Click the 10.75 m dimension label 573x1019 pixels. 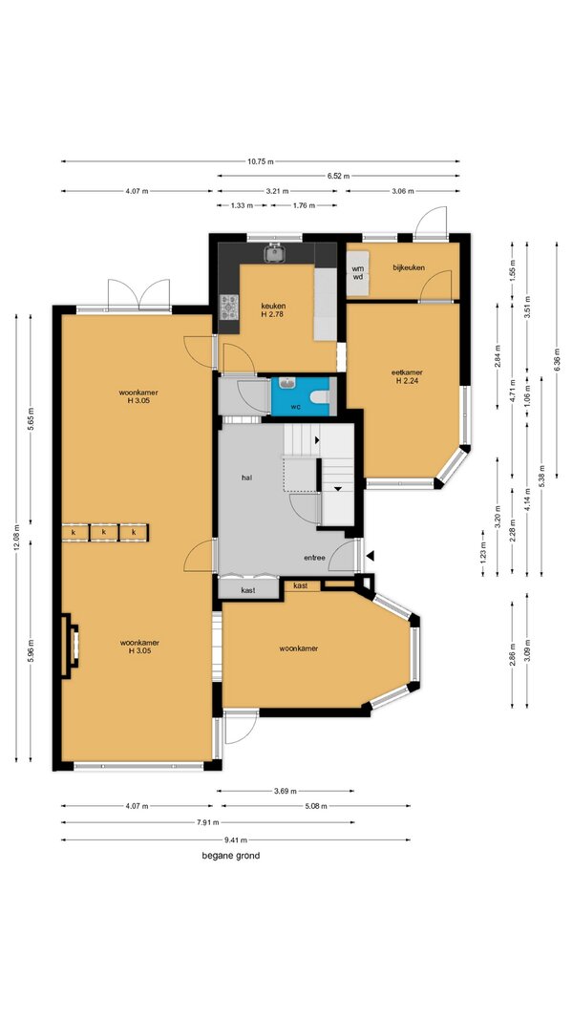(260, 161)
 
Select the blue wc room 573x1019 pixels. (302, 395)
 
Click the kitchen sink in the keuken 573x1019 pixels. (274, 253)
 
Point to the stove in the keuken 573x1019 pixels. (228, 308)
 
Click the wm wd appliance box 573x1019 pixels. (358, 273)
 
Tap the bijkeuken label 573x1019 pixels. (409, 267)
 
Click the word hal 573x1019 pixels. (247, 478)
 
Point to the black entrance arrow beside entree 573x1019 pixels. (371, 556)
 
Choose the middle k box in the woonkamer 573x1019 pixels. (104, 533)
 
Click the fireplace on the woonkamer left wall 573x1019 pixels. (70, 646)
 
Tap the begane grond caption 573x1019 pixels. (230, 856)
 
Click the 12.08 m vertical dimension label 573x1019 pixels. (16, 538)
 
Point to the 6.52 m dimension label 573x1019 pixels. (338, 176)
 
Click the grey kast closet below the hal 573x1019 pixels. (248, 588)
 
